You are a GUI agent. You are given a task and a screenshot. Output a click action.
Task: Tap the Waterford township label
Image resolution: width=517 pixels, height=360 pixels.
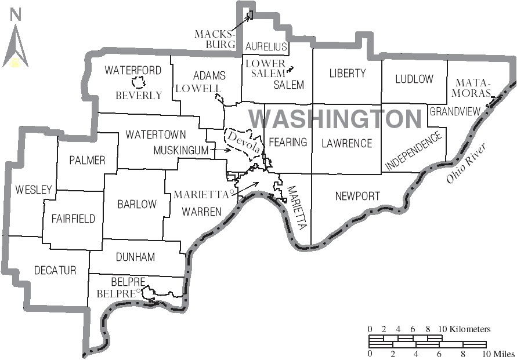click(133, 70)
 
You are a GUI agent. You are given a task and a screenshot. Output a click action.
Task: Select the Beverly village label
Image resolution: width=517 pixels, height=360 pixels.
click(139, 95)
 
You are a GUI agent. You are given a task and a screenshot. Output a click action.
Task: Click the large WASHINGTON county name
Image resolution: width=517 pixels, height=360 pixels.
click(335, 119)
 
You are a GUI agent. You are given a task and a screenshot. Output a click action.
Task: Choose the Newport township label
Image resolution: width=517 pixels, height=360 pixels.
click(357, 197)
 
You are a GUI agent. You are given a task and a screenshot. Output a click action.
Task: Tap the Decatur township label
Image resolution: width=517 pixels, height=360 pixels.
click(55, 270)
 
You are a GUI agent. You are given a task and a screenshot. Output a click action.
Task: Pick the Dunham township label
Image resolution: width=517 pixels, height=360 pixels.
click(135, 256)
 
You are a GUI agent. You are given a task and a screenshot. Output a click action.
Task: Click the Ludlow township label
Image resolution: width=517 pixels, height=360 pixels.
click(414, 79)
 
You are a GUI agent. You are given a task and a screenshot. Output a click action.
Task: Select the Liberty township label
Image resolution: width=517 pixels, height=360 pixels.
click(348, 73)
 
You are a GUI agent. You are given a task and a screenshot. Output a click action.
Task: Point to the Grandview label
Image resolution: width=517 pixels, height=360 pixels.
click(455, 111)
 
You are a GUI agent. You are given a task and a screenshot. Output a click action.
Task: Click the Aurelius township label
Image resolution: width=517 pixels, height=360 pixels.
click(266, 46)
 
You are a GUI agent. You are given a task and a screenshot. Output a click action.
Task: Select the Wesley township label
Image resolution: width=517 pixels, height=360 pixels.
click(34, 189)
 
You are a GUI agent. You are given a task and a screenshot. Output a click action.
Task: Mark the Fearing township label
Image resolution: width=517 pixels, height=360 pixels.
click(288, 142)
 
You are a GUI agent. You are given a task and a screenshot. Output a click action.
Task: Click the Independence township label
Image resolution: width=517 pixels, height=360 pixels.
click(413, 151)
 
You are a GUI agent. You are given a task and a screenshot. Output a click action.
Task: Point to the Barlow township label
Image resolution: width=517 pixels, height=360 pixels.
click(137, 204)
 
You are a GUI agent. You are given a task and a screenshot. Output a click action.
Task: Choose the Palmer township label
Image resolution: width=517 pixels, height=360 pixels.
click(87, 160)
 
